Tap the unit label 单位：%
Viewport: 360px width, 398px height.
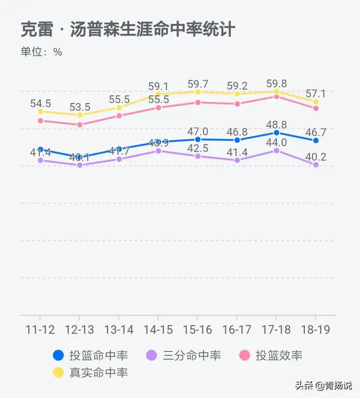coord(42,52)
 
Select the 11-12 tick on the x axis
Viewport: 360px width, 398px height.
coord(40,329)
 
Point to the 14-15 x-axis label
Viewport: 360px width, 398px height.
coord(159,329)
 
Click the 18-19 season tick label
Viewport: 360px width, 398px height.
coord(316,329)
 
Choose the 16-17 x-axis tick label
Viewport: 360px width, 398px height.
coord(237,329)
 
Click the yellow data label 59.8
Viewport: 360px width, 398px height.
coord(276,84)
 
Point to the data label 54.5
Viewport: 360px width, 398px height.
coord(40,103)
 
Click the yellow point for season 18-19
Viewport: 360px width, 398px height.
coord(316,102)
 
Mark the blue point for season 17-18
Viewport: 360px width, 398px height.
coord(277,133)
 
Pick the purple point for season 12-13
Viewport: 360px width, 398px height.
coord(80,165)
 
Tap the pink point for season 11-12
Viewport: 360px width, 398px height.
coord(40,121)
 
